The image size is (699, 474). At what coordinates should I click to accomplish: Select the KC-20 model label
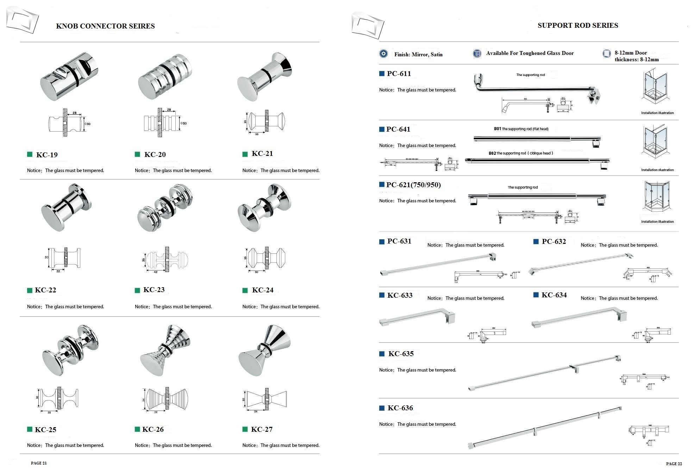pyautogui.click(x=155, y=154)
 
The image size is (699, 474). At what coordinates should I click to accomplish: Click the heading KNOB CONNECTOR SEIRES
pyautogui.click(x=105, y=26)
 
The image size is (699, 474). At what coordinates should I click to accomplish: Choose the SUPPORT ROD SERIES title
pyautogui.click(x=578, y=25)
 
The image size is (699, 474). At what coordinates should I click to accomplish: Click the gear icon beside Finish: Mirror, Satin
pyautogui.click(x=383, y=54)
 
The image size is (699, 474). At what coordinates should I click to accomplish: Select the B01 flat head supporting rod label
pyautogui.click(x=521, y=129)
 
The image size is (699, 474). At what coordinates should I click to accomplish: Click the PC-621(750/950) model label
pyautogui.click(x=413, y=185)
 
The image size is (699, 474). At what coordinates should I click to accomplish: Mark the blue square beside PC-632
pyautogui.click(x=536, y=241)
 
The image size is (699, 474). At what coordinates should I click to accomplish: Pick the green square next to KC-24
pyautogui.click(x=245, y=290)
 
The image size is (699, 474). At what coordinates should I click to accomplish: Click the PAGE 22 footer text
pyautogui.click(x=674, y=463)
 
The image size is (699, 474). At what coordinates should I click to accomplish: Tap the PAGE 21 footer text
pyautogui.click(x=39, y=463)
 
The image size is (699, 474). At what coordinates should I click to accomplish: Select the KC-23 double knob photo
pyautogui.click(x=165, y=207)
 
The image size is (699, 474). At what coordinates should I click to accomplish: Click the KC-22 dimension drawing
pyautogui.click(x=63, y=259)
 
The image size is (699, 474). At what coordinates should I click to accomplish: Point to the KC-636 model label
pyautogui.click(x=400, y=408)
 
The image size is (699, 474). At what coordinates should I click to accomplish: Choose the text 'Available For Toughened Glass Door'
pyautogui.click(x=530, y=53)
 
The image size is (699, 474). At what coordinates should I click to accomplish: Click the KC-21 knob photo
pyautogui.click(x=265, y=76)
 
